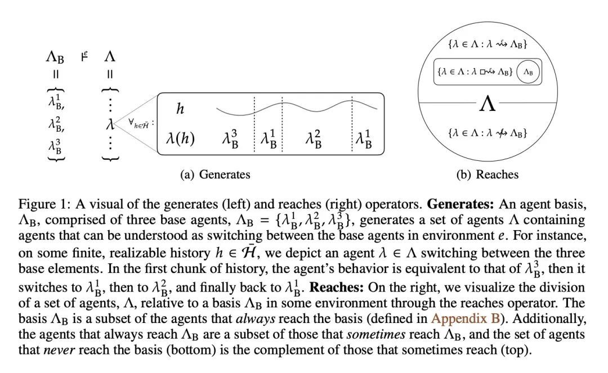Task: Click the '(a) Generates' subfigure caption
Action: (x=215, y=174)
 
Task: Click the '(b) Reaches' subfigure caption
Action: (x=487, y=174)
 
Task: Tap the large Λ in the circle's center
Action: (x=488, y=104)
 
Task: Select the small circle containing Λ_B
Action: (x=528, y=72)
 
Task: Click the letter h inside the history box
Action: (x=180, y=108)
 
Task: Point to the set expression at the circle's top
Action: (x=488, y=44)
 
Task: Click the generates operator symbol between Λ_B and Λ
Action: (x=85, y=56)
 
